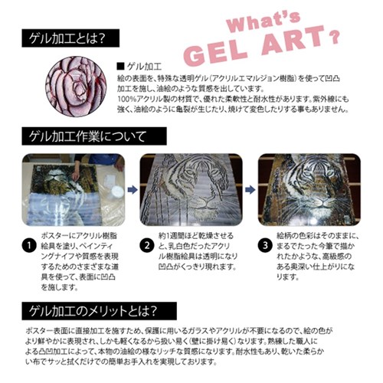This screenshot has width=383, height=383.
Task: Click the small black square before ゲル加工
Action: pos(119,68)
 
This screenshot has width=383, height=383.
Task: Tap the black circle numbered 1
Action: pos(28,247)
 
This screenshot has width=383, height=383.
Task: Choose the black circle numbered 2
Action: pos(146,247)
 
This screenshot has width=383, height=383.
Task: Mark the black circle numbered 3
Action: pos(264,247)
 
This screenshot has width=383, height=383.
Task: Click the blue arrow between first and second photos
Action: pos(130,188)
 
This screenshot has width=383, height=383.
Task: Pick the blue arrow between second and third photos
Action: pos(249,188)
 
